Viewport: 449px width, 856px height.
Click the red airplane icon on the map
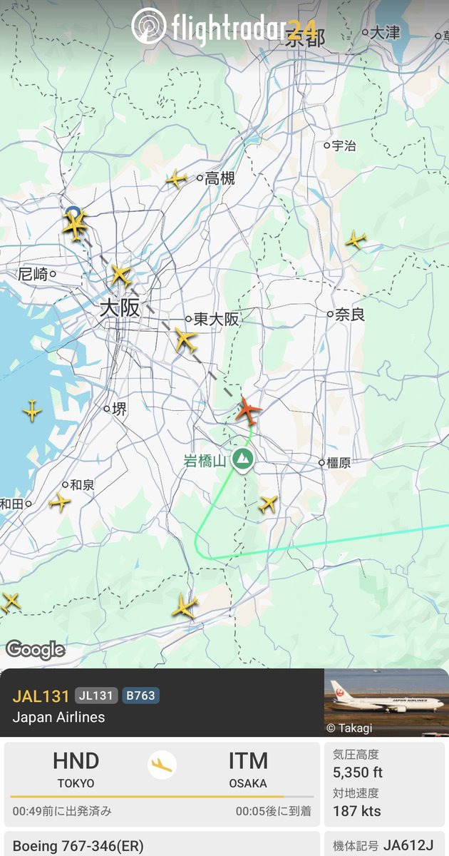248,410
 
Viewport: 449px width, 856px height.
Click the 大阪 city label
120,309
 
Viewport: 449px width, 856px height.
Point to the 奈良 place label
350,314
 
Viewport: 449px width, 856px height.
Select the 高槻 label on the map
220,179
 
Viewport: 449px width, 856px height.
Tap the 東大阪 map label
217,320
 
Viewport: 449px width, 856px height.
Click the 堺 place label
119,409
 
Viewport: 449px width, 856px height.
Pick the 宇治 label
344,146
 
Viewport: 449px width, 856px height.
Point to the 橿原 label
338,463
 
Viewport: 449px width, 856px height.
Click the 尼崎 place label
33,273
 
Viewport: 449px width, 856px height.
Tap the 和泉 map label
82,485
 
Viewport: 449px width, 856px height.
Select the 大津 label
385,32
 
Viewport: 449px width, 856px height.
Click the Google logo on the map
35,650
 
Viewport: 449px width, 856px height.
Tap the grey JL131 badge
96,695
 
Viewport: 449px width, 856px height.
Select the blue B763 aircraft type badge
140,695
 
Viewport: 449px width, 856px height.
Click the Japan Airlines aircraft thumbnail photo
386,703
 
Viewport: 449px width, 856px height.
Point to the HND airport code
76,761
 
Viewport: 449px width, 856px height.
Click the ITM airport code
248,761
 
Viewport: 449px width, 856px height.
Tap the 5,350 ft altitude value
358,773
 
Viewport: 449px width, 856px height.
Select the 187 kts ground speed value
357,811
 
